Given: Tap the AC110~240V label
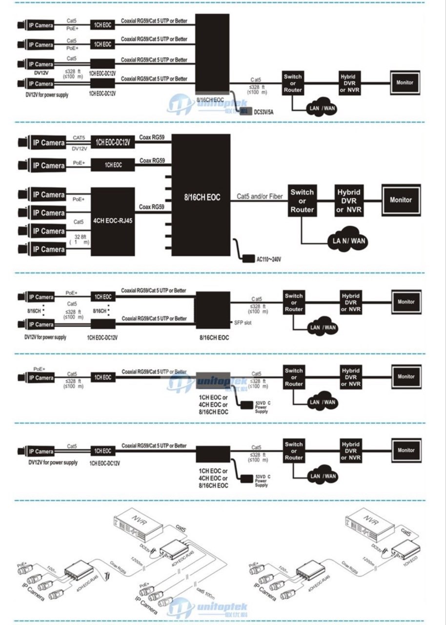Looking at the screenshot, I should point(269,259).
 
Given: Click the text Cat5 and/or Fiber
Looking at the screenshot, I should point(260,197).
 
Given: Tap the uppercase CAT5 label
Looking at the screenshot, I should point(80,138).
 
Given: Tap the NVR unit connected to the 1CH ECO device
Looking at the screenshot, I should point(367,522).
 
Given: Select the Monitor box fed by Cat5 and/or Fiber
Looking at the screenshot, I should point(401,200).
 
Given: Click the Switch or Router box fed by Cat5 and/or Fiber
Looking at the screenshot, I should point(302,199).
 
